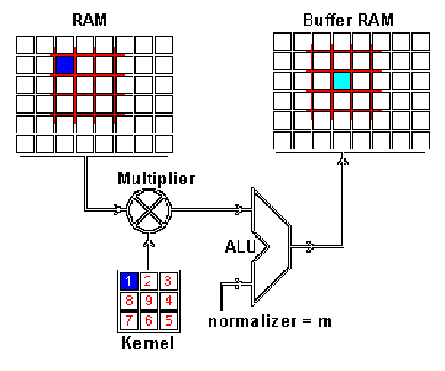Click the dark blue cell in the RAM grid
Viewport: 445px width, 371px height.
[x=64, y=65]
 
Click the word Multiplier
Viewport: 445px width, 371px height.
[x=148, y=181]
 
